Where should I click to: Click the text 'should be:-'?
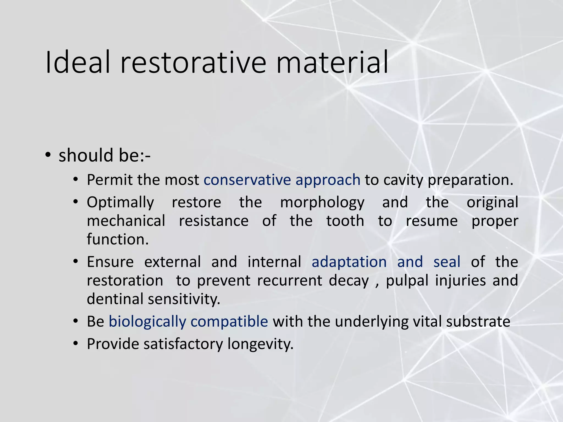pyautogui.click(x=104, y=155)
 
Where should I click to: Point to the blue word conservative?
pyautogui.click(x=247, y=180)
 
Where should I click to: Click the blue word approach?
pyautogui.click(x=328, y=180)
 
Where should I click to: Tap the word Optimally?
pyautogui.click(x=120, y=203)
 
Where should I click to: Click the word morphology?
pyautogui.click(x=322, y=203)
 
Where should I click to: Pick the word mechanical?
pyautogui.click(x=126, y=221)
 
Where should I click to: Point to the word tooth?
pyautogui.click(x=345, y=221)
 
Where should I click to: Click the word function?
pyautogui.click(x=118, y=239)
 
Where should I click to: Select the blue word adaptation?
pyautogui.click(x=349, y=262)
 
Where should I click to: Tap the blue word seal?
pyautogui.click(x=447, y=262)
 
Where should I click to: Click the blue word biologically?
pyautogui.click(x=147, y=322)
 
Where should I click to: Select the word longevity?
pyautogui.click(x=260, y=344)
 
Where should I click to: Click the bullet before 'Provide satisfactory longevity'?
pyautogui.click(x=76, y=344)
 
